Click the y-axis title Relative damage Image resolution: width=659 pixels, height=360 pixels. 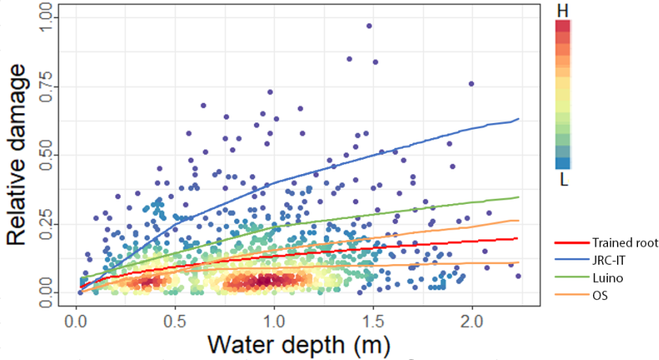click(x=23, y=154)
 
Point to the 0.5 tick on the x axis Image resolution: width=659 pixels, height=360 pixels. click(x=175, y=319)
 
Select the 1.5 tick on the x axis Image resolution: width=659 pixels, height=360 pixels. click(x=373, y=319)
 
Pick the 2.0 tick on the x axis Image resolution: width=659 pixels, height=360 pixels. click(x=472, y=319)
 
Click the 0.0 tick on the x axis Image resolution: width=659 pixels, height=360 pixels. click(x=76, y=319)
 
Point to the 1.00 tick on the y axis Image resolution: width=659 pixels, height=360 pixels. click(x=48, y=16)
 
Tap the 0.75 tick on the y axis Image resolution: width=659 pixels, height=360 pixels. click(x=48, y=85)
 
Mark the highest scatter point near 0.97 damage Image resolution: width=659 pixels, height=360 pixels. click(x=369, y=25)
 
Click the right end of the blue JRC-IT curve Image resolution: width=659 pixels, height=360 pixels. click(x=518, y=119)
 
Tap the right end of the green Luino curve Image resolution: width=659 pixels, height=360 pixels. click(x=518, y=197)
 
